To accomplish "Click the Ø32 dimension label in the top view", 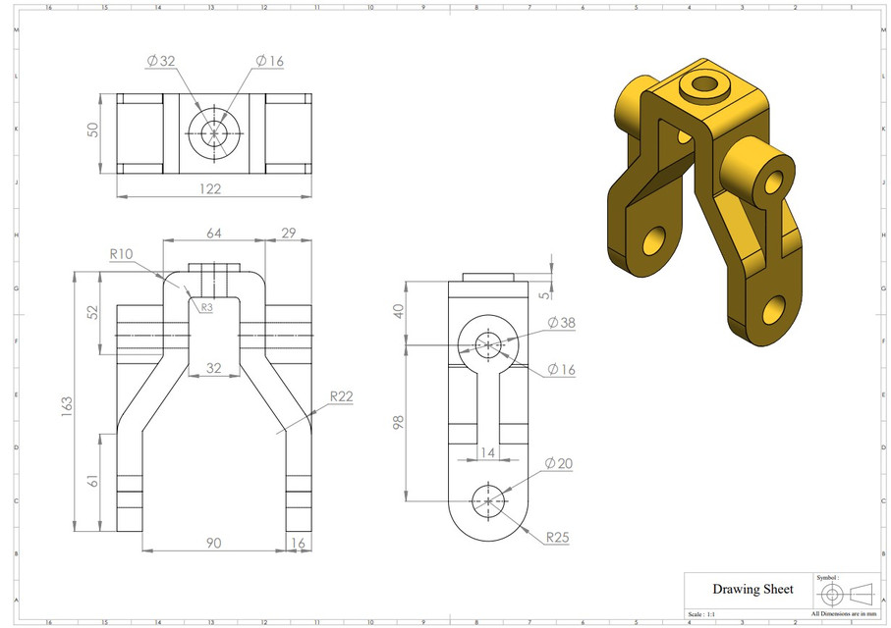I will click(x=161, y=61).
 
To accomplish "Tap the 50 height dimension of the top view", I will click(x=94, y=131).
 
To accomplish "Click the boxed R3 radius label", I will click(x=206, y=307).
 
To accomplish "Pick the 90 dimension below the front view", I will click(x=213, y=542).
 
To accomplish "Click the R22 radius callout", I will click(x=341, y=396).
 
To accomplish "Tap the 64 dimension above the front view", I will click(x=214, y=233).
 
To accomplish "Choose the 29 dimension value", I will click(x=288, y=233).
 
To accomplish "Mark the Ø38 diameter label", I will click(x=560, y=322).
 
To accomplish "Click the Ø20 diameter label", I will click(x=560, y=463).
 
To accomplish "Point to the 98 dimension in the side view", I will click(x=399, y=421).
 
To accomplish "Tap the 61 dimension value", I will click(x=94, y=482).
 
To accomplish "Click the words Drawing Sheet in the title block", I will click(x=752, y=589).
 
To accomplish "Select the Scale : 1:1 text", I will click(x=707, y=613).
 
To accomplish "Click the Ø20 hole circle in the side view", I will click(x=488, y=500).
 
